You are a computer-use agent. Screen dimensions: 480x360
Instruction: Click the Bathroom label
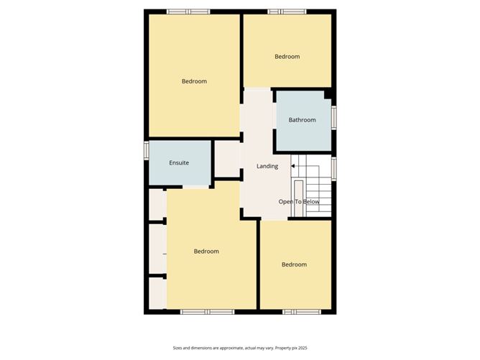point(302,120)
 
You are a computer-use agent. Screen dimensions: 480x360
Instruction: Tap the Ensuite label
point(179,163)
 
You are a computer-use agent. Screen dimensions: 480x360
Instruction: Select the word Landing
point(267,166)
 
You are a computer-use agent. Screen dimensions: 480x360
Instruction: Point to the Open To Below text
point(299,202)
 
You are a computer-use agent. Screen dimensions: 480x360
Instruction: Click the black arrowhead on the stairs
point(292,166)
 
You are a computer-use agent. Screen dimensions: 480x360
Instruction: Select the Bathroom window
point(333,118)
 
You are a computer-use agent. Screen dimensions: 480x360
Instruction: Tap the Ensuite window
point(147,150)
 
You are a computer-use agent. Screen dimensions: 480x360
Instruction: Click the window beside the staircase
point(333,169)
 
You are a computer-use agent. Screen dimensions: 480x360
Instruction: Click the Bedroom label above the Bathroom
point(287,57)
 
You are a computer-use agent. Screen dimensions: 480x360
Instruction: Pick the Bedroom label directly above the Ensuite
point(194,81)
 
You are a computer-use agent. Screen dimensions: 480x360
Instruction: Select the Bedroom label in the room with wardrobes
point(206,251)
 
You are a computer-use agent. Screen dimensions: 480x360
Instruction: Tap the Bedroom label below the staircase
point(294,264)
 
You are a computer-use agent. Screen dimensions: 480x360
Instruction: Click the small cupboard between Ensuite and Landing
point(227,160)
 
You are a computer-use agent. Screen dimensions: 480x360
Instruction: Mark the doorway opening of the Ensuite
point(196,187)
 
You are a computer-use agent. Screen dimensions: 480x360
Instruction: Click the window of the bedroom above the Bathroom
point(287,11)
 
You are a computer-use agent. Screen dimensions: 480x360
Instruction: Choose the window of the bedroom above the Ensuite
point(188,11)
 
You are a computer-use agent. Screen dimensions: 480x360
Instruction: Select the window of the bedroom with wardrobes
point(207,312)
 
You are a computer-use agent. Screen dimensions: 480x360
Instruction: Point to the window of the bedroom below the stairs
point(302,312)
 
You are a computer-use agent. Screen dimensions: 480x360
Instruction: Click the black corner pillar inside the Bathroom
point(328,94)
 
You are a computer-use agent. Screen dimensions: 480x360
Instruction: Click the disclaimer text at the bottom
point(240,348)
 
